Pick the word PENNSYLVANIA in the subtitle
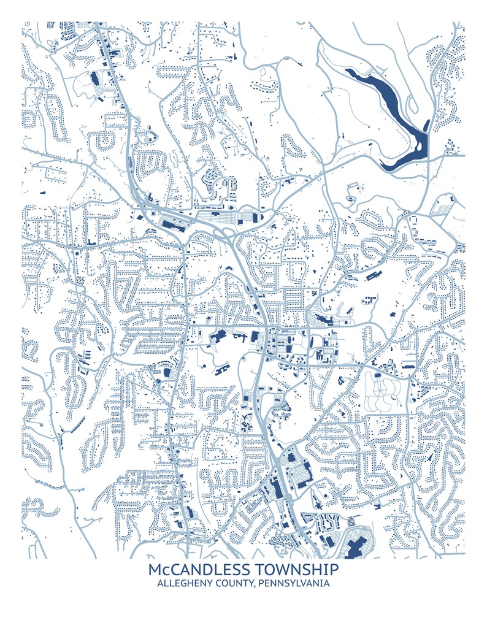[293, 583]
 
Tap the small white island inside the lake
[420, 148]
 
